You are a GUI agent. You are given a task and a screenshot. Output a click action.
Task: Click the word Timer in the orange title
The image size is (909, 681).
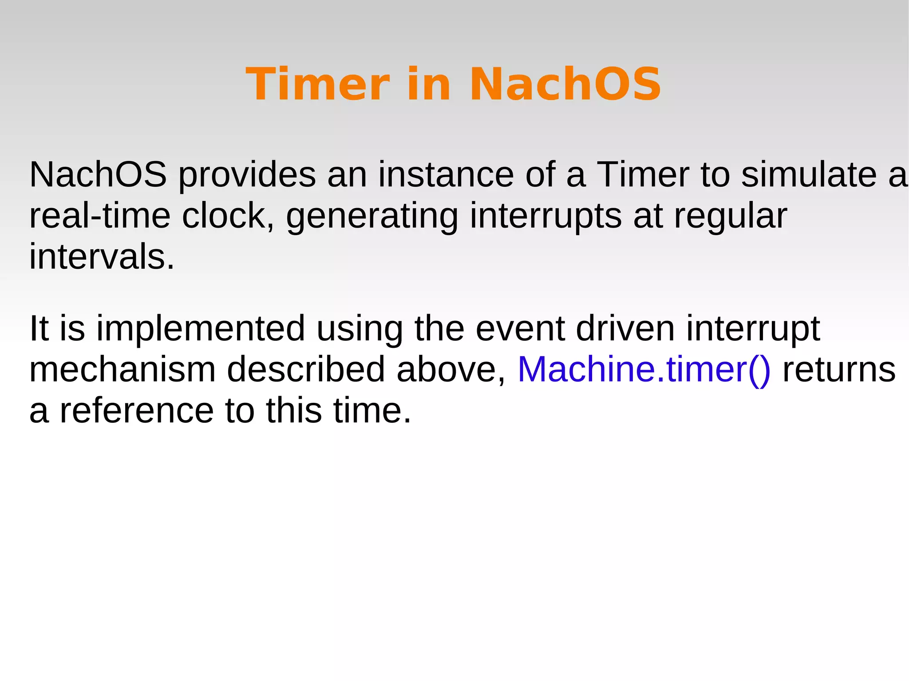click(x=318, y=84)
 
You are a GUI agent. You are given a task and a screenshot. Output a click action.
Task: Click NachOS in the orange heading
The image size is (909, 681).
click(x=565, y=84)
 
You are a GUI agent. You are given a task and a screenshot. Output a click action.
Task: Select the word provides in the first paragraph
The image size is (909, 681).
click(x=247, y=175)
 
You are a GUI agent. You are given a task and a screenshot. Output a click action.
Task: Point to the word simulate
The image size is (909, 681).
click(x=808, y=175)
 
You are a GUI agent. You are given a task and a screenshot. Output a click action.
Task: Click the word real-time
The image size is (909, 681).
click(x=100, y=216)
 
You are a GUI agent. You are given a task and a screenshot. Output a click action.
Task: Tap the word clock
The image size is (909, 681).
click(x=228, y=216)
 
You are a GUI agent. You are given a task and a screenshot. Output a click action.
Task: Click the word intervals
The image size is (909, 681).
click(x=102, y=257)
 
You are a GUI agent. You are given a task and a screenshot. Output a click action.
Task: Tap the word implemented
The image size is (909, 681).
click(x=201, y=329)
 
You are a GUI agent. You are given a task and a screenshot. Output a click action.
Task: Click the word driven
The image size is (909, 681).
click(x=625, y=329)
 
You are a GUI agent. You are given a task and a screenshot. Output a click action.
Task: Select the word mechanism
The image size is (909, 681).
click(x=122, y=370)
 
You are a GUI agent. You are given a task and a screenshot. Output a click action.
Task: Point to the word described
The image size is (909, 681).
click(x=306, y=370)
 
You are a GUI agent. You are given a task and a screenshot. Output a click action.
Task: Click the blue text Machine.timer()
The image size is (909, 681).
click(x=644, y=370)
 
